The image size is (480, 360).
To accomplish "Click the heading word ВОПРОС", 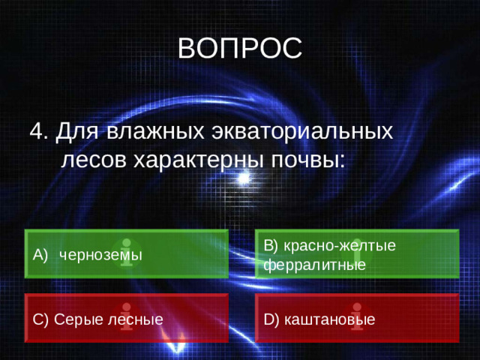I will point(240,49).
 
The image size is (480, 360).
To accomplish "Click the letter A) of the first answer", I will point(41,255).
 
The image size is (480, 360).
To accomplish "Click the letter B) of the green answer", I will point(271,245).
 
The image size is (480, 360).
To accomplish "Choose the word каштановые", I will point(330,319).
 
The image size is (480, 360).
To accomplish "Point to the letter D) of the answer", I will point(271,319).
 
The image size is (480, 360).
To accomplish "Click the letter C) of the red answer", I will point(41,319).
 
